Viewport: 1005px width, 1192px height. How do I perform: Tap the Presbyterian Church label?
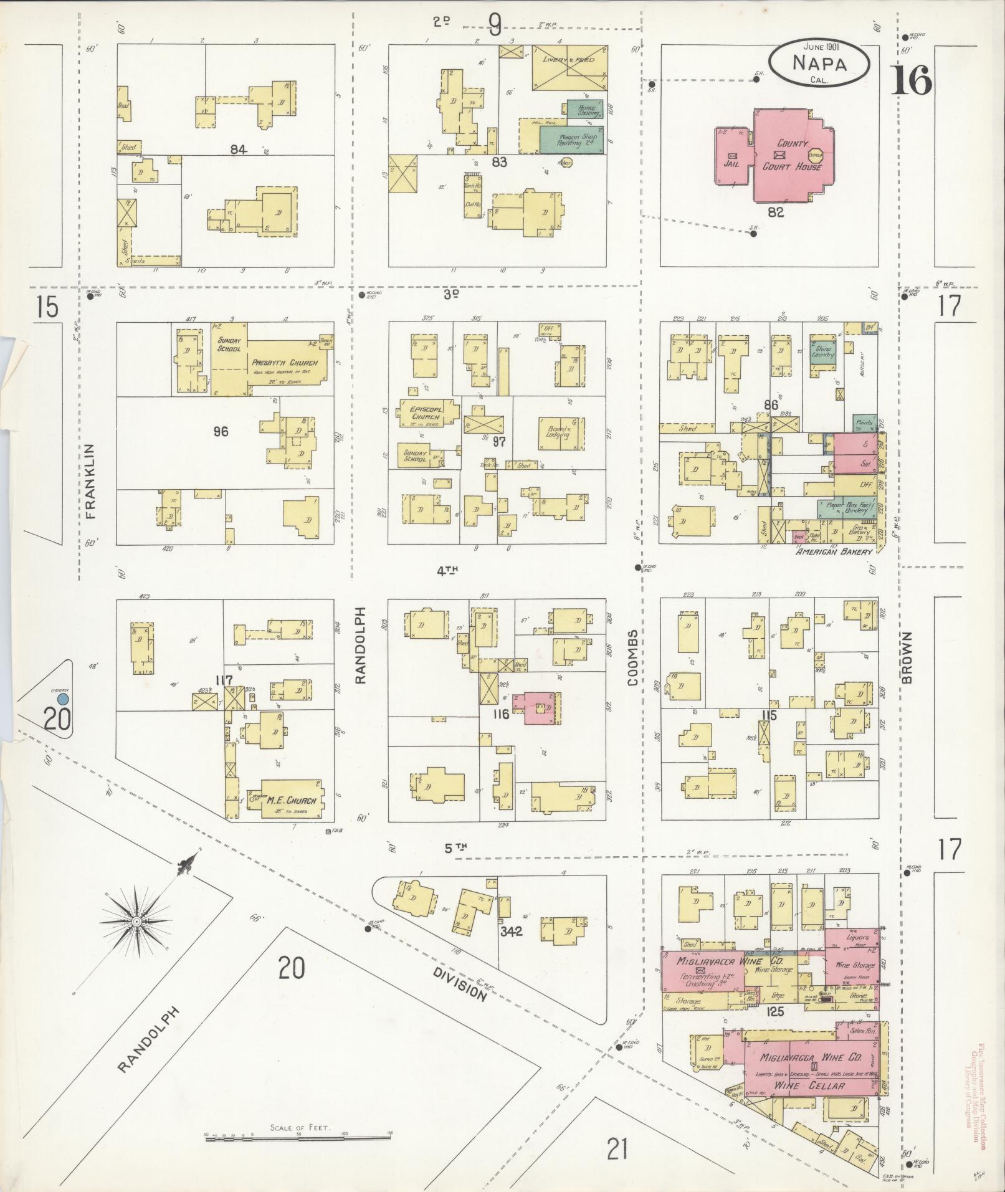(285, 363)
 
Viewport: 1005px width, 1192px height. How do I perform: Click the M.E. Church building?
(292, 799)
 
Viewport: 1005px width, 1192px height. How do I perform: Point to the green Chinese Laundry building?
(824, 352)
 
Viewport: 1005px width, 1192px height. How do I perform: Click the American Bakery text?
(834, 552)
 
